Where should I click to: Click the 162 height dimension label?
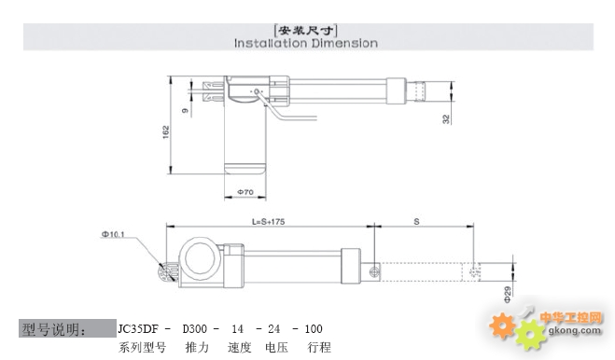[x=166, y=132]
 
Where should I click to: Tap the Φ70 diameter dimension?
[x=245, y=192]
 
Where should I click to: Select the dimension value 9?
[x=185, y=111]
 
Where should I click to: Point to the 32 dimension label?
[x=446, y=118]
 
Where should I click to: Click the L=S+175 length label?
[x=268, y=222]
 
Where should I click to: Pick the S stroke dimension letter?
[x=416, y=222]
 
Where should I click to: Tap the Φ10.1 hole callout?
[x=113, y=234]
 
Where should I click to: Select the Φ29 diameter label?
[x=508, y=295]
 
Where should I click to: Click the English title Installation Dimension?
[x=306, y=43]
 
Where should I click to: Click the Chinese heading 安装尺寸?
[x=306, y=30]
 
